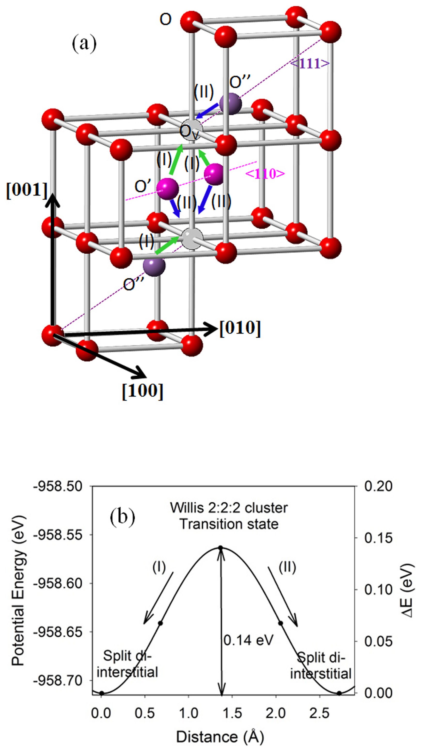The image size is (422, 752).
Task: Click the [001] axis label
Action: [27, 190]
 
